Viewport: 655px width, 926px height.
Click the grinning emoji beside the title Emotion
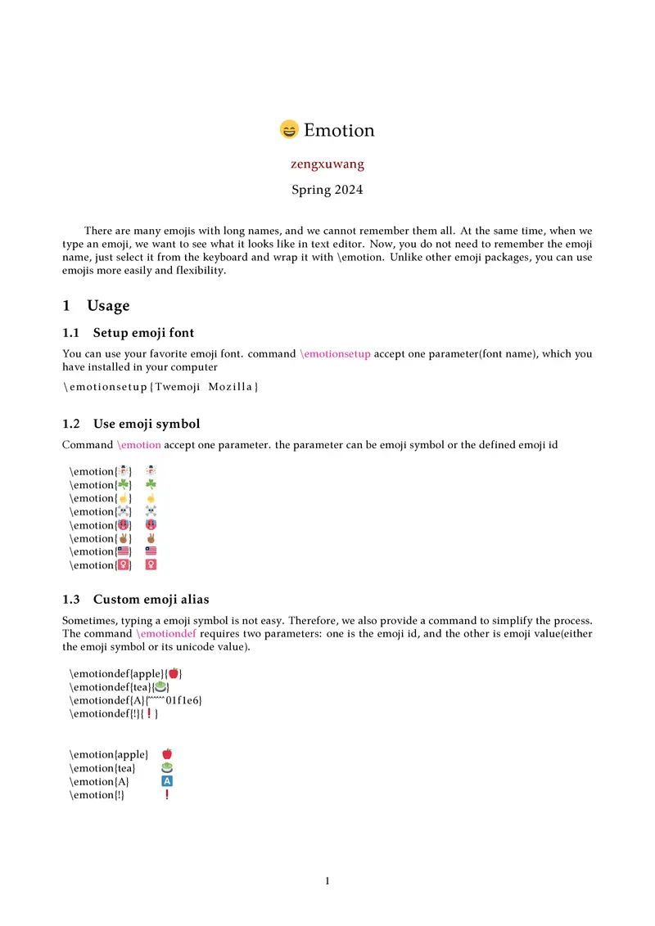coord(289,130)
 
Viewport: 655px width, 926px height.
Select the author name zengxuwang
coord(327,164)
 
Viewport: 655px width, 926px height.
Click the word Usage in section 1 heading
coord(108,306)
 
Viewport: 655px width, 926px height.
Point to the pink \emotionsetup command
coord(336,354)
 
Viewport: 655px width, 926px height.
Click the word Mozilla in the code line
coord(233,386)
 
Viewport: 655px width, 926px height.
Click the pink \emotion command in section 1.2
coord(139,445)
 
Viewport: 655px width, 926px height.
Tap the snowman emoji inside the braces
coord(123,472)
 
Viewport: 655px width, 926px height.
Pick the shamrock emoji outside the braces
coord(151,485)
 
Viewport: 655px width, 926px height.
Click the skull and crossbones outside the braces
coord(151,512)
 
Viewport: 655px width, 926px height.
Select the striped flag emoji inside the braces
coord(123,552)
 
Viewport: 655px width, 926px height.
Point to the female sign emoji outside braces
coord(151,565)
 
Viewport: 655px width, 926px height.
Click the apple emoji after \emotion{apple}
coord(167,754)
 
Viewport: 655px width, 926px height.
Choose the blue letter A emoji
coord(167,781)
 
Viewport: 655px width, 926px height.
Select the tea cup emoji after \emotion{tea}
coord(167,768)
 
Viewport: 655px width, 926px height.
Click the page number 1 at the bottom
coord(327,881)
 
